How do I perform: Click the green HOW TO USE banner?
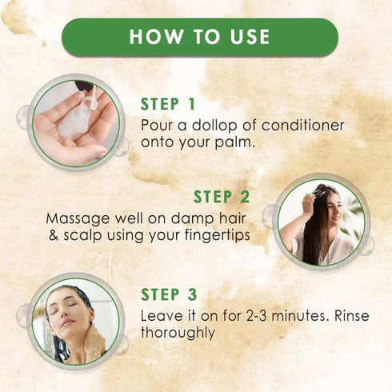pos(199,37)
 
